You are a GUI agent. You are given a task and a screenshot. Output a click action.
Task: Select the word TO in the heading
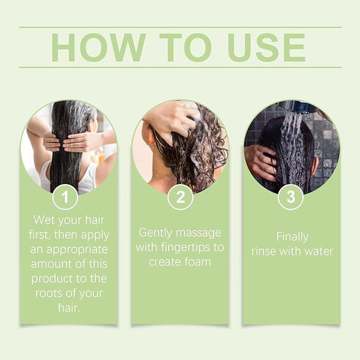click(x=185, y=47)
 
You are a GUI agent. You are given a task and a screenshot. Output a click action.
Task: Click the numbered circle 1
click(x=65, y=197)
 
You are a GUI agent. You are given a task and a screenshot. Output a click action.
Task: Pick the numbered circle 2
click(x=180, y=197)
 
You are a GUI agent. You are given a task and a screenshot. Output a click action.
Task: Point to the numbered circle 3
click(x=290, y=197)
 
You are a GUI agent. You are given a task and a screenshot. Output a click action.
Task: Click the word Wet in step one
click(x=44, y=220)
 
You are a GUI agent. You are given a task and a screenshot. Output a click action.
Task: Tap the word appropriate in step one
click(x=77, y=250)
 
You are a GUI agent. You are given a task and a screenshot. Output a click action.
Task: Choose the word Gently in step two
click(x=155, y=233)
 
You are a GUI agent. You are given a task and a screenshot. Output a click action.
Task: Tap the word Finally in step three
click(x=292, y=238)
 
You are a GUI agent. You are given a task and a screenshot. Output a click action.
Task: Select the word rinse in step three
click(x=263, y=251)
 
